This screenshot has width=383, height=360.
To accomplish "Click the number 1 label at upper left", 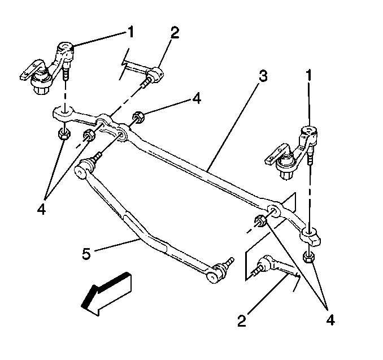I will click(130, 33).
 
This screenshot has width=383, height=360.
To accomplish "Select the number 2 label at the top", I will click(175, 33).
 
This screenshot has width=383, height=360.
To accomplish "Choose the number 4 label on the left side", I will click(41, 192).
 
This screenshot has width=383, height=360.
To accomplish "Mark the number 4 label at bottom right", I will click(329, 320).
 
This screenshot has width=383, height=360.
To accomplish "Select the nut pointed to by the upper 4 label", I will click(137, 118).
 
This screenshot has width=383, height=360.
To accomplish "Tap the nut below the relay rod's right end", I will click(308, 257).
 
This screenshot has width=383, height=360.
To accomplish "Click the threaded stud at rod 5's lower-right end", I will click(228, 263).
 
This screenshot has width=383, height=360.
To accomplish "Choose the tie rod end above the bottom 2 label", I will click(266, 264).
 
